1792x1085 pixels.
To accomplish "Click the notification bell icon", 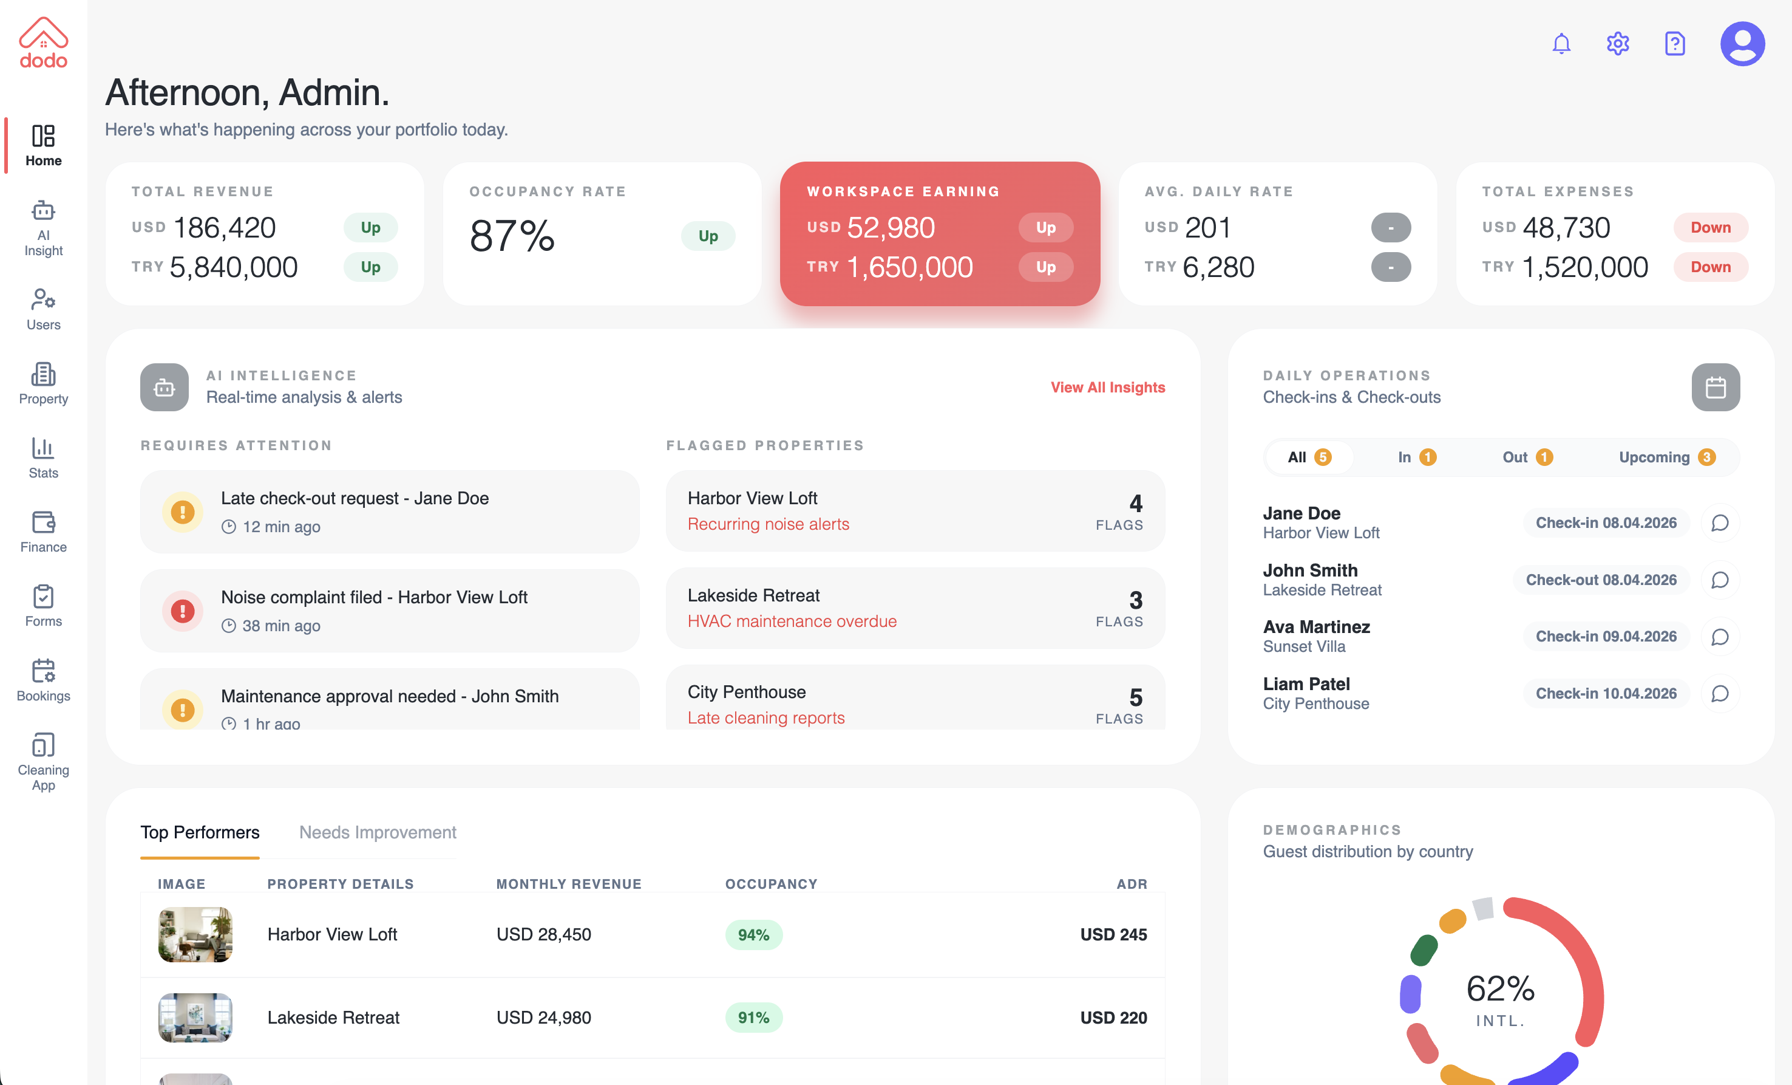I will [1561, 44].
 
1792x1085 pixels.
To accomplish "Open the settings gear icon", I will [1617, 44].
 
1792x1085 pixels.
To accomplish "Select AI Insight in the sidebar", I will [44, 228].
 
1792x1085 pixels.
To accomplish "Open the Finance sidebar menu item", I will [44, 532].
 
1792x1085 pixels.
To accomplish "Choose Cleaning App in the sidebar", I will [44, 762].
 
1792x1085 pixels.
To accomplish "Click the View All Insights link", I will [1107, 387].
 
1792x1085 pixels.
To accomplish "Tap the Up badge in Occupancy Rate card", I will [708, 236].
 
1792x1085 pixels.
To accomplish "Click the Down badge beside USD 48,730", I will [1710, 227].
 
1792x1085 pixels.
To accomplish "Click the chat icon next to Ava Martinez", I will [1719, 637].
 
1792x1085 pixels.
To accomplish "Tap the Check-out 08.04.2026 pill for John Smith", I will [1601, 580].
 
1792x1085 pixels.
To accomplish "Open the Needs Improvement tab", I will [378, 832].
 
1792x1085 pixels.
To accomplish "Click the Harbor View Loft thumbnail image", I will [195, 934].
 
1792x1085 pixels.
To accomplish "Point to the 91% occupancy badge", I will [753, 1018].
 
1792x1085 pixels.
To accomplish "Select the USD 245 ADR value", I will [1113, 934].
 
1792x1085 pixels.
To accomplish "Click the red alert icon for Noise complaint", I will [182, 611].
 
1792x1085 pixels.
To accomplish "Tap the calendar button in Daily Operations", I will [1715, 387].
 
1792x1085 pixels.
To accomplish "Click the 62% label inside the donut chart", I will [1499, 988].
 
